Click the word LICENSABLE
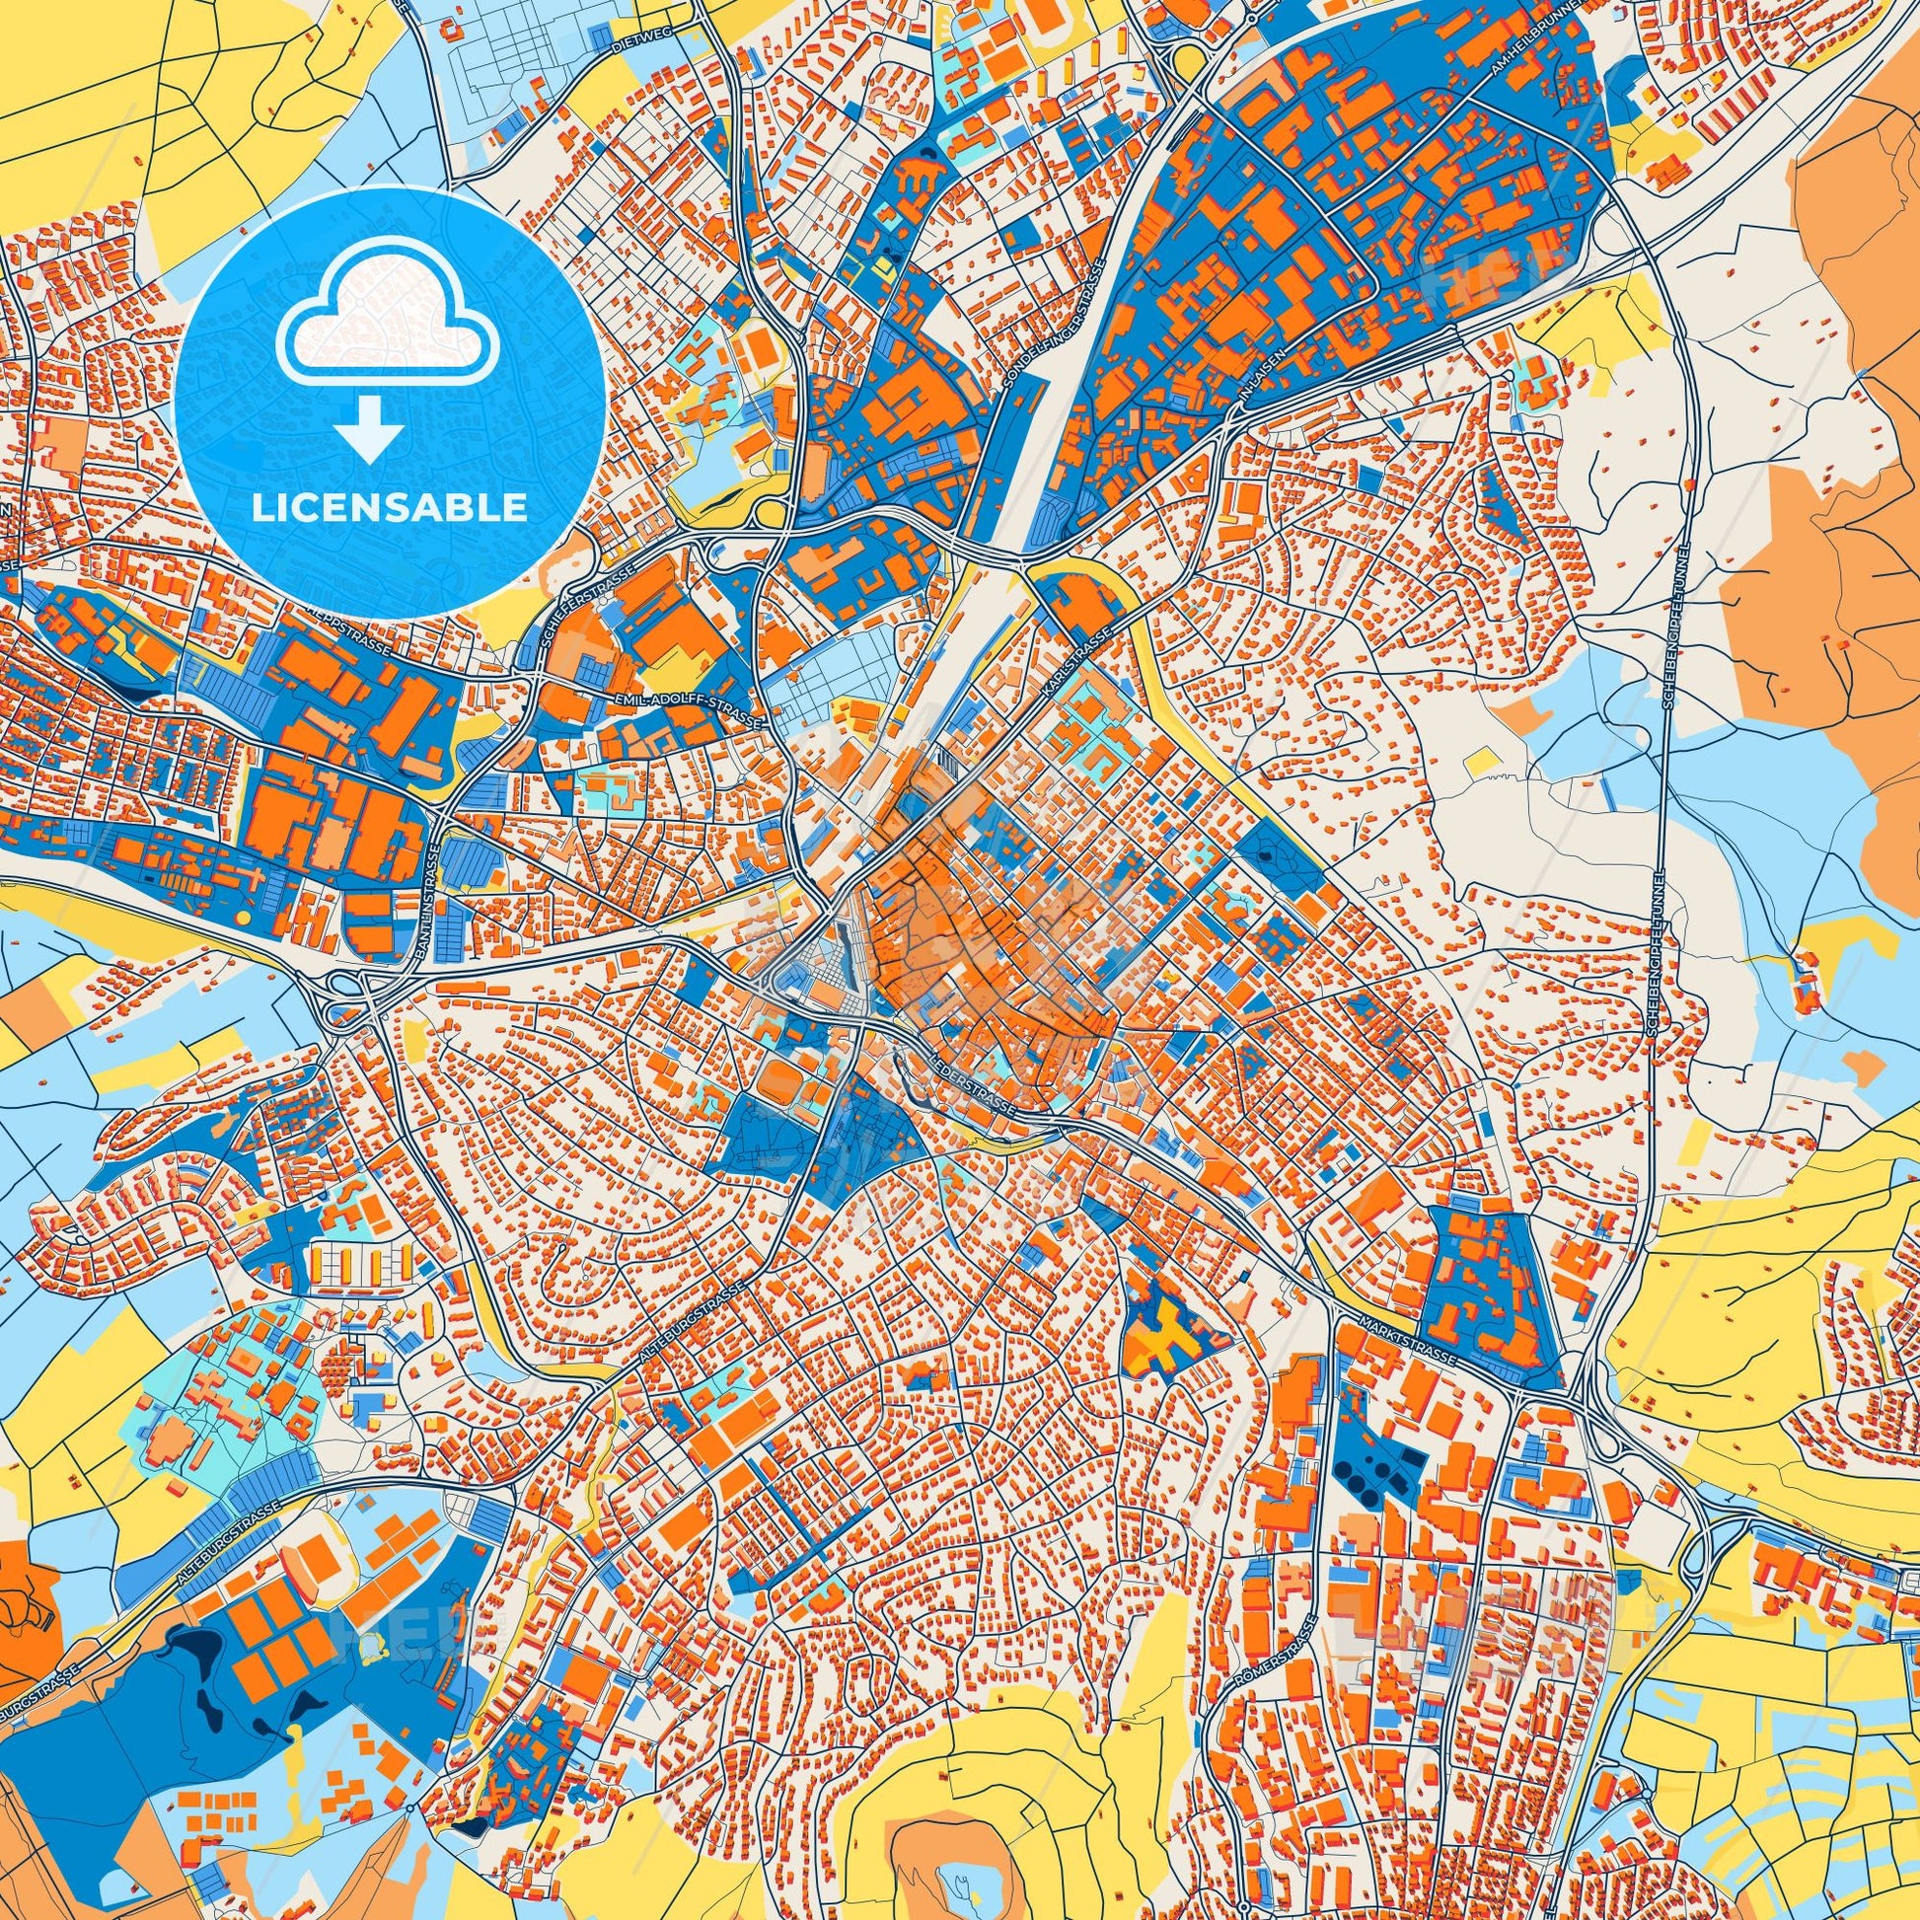(x=389, y=507)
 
